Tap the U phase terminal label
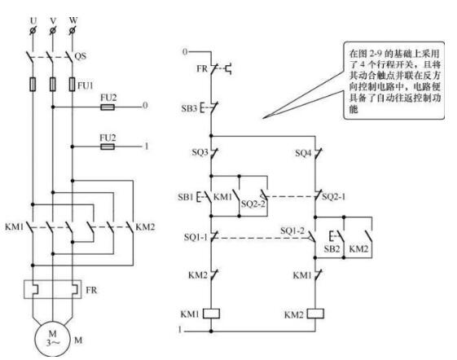33,20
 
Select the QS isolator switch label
81,55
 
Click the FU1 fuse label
86,86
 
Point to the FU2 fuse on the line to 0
108,108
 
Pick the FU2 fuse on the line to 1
108,147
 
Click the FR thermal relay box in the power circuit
53,289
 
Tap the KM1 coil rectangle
211,314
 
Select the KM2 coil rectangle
315,314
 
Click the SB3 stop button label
190,108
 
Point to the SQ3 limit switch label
200,152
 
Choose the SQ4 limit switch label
303,153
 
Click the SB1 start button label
186,197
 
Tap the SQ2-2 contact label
253,204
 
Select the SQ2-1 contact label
334,197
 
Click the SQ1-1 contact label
196,237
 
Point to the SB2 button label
332,248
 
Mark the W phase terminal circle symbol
73,30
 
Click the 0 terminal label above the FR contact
185,52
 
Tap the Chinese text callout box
394,81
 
